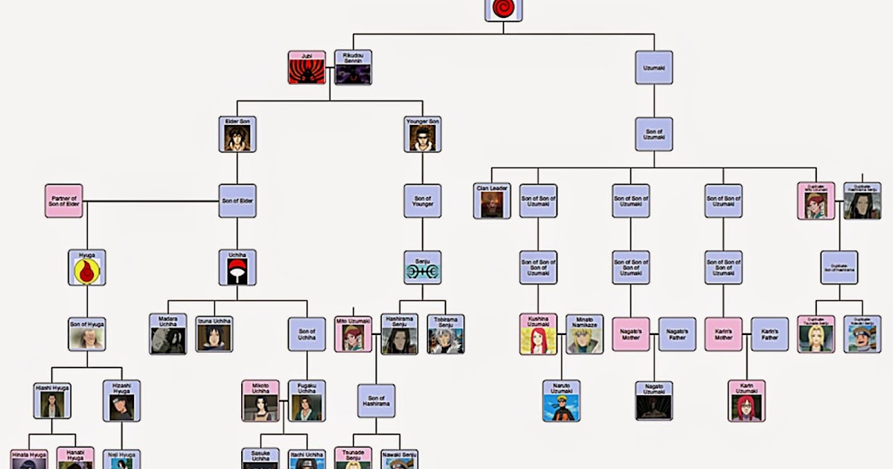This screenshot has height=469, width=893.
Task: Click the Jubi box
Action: (x=307, y=68)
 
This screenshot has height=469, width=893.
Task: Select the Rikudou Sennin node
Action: (x=353, y=68)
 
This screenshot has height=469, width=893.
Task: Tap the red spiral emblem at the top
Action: (x=503, y=10)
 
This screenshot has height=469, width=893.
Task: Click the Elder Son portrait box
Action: (x=237, y=135)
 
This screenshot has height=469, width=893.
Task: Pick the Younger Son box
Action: (x=423, y=135)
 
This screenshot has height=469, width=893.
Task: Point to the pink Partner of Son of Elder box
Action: (x=63, y=201)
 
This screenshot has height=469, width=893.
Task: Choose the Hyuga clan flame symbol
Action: (x=87, y=268)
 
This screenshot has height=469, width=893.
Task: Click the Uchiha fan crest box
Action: (x=237, y=268)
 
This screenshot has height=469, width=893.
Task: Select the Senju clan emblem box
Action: (x=423, y=268)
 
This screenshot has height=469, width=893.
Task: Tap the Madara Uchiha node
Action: (x=167, y=334)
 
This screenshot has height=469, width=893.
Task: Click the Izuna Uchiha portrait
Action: (x=214, y=334)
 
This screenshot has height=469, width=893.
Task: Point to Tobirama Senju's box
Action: (x=446, y=334)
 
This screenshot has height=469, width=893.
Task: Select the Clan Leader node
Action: (x=492, y=201)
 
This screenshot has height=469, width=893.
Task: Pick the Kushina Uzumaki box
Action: (x=538, y=334)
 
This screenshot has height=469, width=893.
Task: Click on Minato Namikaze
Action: (x=584, y=334)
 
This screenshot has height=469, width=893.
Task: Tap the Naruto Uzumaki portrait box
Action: (x=561, y=401)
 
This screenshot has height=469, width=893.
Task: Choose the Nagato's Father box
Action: (x=677, y=334)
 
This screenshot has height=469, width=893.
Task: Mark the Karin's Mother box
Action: (x=723, y=334)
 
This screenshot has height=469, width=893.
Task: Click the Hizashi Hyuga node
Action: (x=121, y=401)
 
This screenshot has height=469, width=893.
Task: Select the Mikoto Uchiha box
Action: (x=260, y=401)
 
